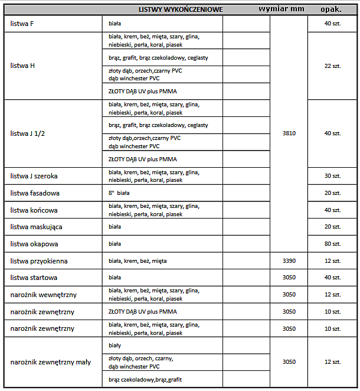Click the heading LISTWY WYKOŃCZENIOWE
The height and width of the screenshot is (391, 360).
181,9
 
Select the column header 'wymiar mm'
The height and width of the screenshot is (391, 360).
282,9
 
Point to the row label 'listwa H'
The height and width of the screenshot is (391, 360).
23,66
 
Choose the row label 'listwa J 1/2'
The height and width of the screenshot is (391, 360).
28,133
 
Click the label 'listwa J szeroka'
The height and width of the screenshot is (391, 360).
34,176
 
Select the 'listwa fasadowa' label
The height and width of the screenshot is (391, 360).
35,193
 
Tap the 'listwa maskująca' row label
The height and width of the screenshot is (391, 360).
37,227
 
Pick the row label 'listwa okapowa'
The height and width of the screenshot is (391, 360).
34,244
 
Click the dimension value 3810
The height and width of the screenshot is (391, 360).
289,133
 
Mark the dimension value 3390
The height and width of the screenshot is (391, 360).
289,260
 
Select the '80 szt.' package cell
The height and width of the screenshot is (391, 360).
332,244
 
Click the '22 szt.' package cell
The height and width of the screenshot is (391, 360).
332,66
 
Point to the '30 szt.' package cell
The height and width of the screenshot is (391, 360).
332,176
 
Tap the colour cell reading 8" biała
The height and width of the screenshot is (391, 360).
119,193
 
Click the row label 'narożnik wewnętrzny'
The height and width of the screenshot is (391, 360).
43,295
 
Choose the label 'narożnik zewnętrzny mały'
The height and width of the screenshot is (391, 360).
51,362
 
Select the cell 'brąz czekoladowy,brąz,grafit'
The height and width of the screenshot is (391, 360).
141,379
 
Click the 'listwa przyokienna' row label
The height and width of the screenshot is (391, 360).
39,260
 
